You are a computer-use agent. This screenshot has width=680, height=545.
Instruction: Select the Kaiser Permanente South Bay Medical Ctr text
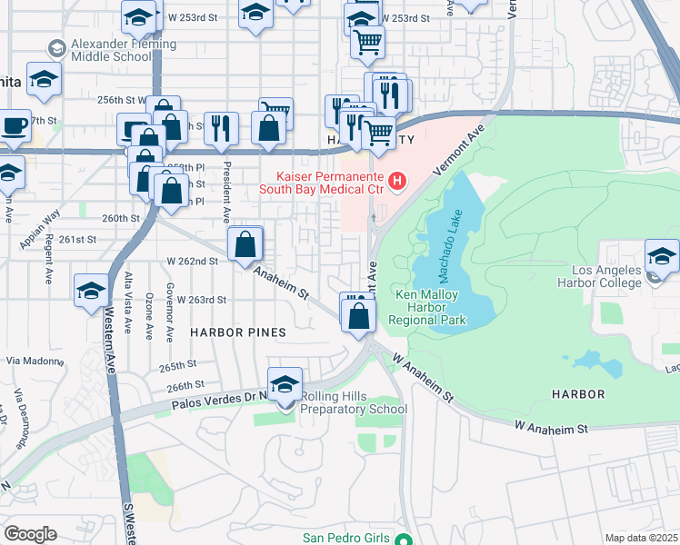coord(324,183)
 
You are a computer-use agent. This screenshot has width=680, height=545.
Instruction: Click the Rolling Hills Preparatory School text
coord(355,402)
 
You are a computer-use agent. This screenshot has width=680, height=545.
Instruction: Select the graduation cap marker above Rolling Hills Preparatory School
coord(285,385)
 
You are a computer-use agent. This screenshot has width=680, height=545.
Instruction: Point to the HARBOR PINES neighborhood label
coord(237,332)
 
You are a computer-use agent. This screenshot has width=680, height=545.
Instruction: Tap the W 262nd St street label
coord(191,261)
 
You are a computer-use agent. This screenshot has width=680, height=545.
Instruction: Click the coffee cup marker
coord(15,126)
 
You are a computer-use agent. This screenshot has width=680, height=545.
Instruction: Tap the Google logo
coord(30,534)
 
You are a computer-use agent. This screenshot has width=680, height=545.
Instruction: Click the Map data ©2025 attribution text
coord(641,538)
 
